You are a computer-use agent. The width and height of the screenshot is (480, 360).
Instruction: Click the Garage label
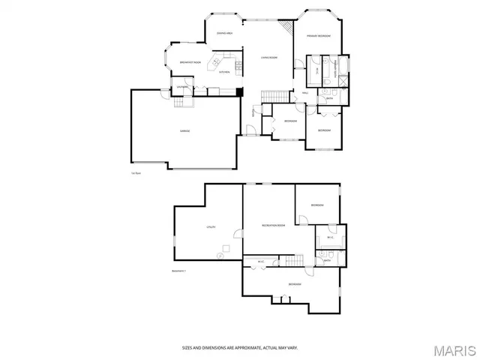[184, 130]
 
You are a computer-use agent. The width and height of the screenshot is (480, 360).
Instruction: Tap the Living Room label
[269, 57]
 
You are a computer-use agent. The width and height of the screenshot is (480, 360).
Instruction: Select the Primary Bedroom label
[318, 35]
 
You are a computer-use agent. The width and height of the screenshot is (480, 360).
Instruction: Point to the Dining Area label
[224, 33]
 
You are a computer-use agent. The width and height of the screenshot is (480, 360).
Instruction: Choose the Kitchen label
[224, 72]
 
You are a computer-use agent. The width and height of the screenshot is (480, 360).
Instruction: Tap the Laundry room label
[181, 88]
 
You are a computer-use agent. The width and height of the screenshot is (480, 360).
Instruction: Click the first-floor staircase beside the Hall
[274, 94]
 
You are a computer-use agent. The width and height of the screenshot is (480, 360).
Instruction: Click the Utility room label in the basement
[211, 226]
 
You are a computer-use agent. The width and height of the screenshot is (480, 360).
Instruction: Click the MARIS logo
[452, 349]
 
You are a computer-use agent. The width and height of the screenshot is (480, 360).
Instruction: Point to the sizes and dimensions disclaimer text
[239, 347]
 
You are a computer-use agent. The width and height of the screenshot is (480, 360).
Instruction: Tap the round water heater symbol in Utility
[220, 256]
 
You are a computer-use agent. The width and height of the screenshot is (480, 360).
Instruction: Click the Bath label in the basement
[327, 260]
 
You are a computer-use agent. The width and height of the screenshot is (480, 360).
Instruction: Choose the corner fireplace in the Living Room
[286, 27]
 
